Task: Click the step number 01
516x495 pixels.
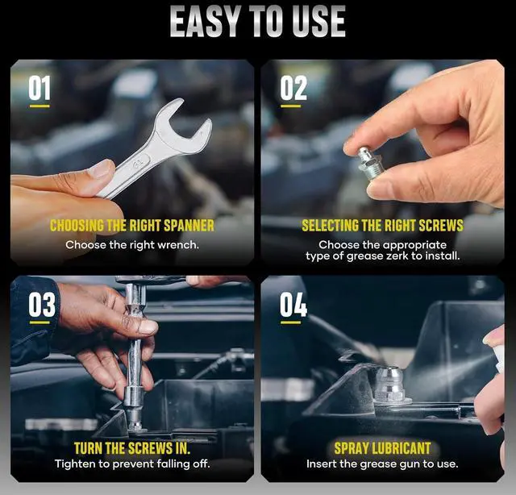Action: (x=40, y=87)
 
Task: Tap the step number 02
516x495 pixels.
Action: (x=293, y=87)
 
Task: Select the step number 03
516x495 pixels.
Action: (x=42, y=305)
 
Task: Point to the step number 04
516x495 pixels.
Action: (x=293, y=305)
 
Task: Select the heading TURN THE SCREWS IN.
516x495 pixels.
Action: (x=132, y=447)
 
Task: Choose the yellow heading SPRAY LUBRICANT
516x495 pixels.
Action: (x=382, y=447)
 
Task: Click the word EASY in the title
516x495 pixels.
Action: (x=205, y=22)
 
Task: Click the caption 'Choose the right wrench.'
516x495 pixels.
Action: (x=132, y=244)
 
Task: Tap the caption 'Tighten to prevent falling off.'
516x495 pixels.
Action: (x=132, y=464)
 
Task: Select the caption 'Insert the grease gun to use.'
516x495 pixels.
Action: (x=382, y=464)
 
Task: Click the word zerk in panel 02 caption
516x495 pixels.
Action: (x=401, y=256)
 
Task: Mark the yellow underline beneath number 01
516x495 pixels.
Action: (x=40, y=106)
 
